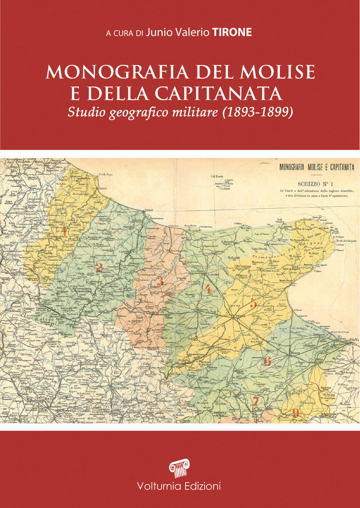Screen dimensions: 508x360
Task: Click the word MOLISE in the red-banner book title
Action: click(278, 72)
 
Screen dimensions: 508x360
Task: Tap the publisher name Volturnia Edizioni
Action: click(179, 486)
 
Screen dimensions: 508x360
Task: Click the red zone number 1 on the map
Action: click(64, 231)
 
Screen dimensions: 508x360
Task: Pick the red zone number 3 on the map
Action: click(161, 281)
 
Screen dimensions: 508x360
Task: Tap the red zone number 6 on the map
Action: click(267, 360)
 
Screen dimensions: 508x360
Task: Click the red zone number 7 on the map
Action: click(255, 400)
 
